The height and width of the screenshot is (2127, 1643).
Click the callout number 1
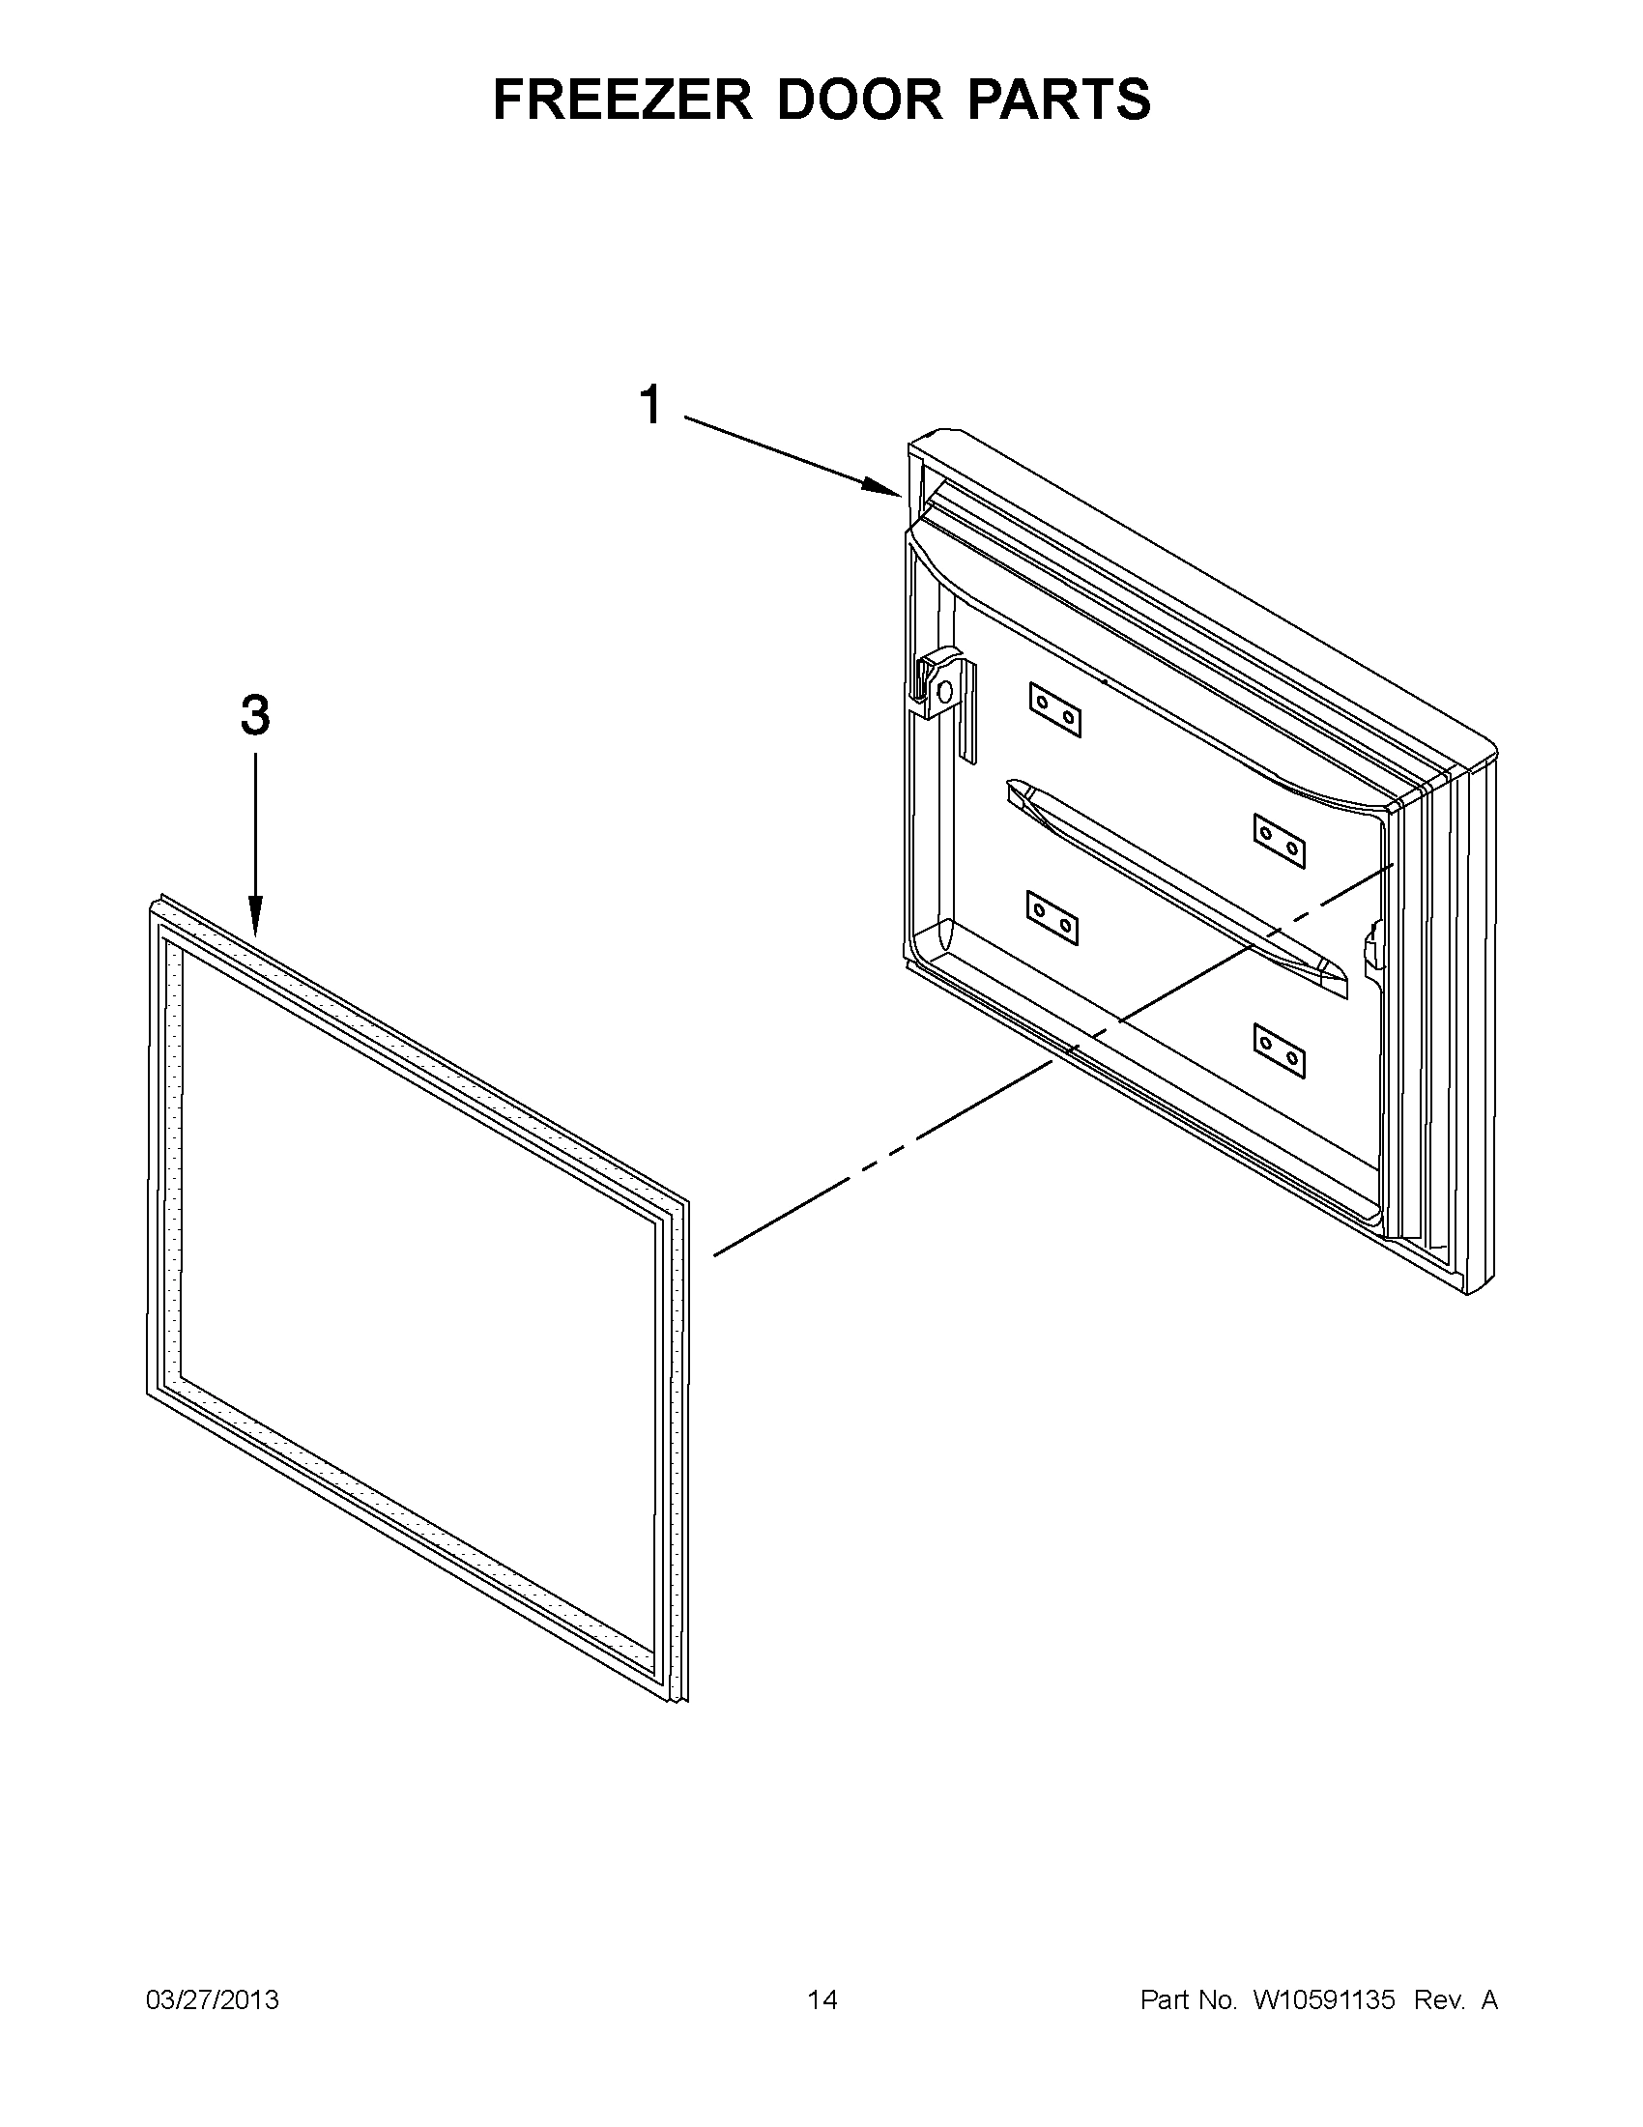pos(650,404)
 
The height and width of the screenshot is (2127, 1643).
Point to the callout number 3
pos(255,716)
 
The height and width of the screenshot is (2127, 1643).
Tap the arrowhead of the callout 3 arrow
pos(255,923)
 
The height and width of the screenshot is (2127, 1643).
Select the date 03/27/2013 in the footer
pos(213,2000)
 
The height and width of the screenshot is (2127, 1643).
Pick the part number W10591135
pos(1324,2000)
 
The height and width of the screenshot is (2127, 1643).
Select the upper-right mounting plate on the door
pos(1279,841)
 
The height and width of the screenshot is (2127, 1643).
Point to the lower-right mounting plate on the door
pos(1279,1049)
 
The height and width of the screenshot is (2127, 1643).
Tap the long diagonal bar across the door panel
pos(1178,886)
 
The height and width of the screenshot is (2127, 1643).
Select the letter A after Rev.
pos(1489,2000)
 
